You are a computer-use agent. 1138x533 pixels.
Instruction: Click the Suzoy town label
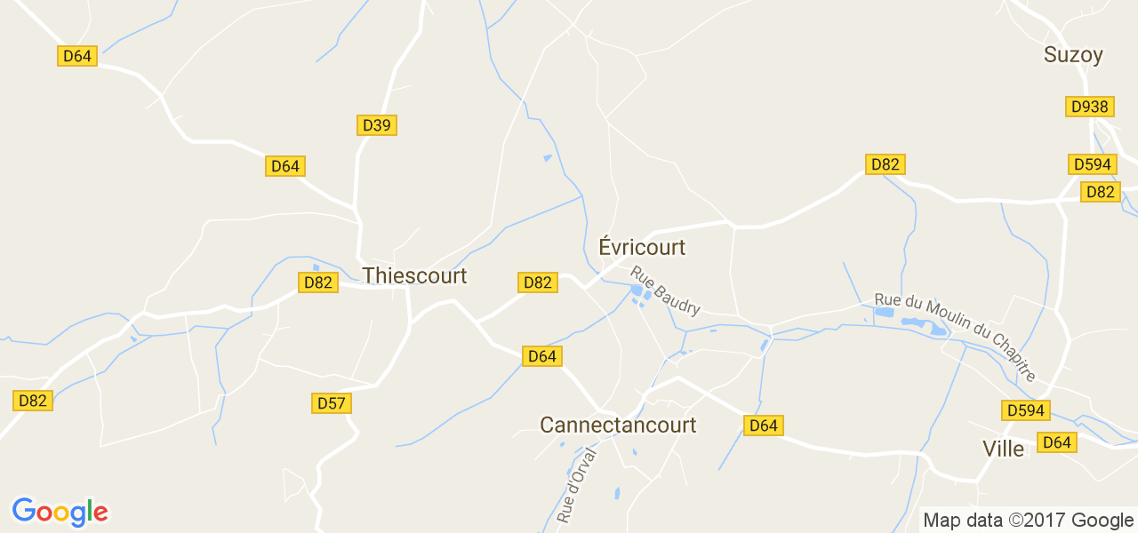point(1073,55)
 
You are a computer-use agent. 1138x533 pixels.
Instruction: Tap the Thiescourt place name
point(414,275)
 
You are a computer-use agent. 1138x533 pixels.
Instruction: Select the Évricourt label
point(642,247)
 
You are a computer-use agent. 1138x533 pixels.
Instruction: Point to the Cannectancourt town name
point(618,426)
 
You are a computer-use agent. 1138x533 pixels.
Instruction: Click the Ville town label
point(1003,449)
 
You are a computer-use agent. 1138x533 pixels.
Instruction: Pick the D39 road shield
point(377,125)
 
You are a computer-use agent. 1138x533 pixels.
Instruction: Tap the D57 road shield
point(332,403)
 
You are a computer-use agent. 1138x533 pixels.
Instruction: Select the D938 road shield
point(1090,107)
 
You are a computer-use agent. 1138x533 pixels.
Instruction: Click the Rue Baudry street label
point(666,291)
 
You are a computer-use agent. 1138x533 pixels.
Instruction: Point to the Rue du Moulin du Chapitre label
point(956,337)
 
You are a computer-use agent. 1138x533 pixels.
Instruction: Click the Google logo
point(60,512)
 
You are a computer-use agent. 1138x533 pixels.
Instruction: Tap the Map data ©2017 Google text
point(1028,521)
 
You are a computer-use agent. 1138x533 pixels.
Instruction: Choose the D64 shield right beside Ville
point(1057,442)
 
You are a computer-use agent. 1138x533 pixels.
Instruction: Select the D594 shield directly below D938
point(1092,164)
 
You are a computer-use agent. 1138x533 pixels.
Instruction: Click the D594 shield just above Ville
point(1026,410)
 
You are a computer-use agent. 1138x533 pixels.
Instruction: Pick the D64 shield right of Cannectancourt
point(763,426)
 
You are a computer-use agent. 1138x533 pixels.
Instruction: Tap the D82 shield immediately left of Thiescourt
point(317,282)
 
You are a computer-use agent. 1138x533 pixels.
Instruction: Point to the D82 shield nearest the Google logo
point(33,401)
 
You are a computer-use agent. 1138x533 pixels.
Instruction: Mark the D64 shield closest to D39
point(285,166)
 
